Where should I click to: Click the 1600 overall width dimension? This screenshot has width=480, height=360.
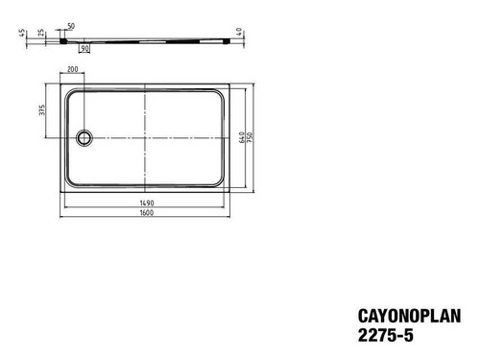pos(147,212)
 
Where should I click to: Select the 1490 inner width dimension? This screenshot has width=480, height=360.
pos(147,203)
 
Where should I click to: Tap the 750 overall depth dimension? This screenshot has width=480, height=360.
pos(250,137)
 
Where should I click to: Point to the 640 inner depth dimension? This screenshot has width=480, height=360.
pos(242,137)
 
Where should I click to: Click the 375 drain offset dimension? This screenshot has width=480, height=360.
pos(42,110)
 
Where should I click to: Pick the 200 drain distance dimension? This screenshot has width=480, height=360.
pos(73,69)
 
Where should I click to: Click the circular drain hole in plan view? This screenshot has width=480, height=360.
pos(84,138)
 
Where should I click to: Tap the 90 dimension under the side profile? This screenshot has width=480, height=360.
pos(84,49)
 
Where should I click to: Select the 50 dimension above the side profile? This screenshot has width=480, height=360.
pos(71,26)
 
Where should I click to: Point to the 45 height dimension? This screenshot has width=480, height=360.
pos(22,33)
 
